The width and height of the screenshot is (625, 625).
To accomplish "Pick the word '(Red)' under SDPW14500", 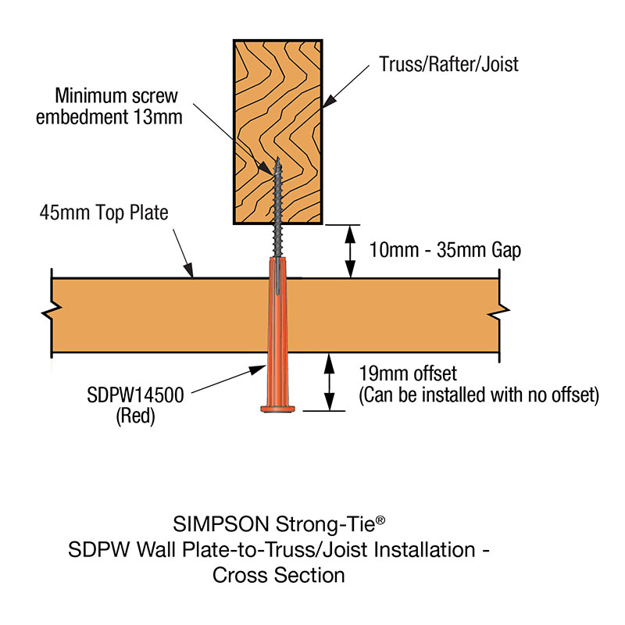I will point(135,416).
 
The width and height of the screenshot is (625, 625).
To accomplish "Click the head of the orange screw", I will point(278,407).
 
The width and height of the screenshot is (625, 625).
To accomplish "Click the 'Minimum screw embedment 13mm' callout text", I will point(116,106).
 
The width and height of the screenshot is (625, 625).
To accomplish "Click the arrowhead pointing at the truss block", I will point(328,101).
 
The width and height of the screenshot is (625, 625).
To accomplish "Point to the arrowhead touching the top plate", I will point(190,273).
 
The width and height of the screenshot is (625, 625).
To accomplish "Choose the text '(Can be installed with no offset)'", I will point(478,395).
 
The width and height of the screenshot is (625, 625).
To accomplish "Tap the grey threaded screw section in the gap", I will point(278,237).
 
